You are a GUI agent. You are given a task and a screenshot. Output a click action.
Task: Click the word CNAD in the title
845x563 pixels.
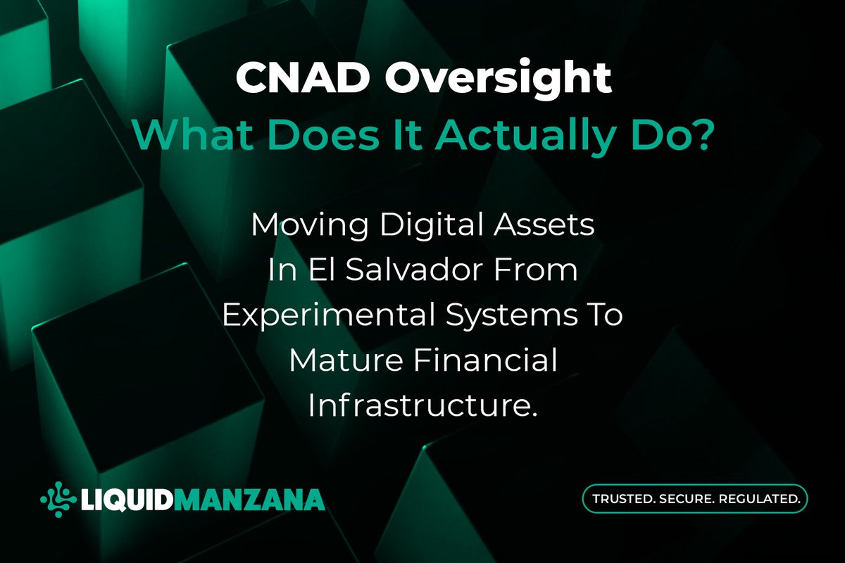[303, 77]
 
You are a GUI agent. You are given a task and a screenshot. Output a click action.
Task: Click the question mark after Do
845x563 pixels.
[701, 135]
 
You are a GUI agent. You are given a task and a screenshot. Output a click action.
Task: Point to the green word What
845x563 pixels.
[192, 134]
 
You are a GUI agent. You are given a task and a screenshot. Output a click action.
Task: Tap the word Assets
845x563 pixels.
[544, 225]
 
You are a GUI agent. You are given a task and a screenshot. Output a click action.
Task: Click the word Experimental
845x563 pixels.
[328, 315]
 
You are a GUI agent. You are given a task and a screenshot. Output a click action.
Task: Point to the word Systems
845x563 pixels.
[511, 317]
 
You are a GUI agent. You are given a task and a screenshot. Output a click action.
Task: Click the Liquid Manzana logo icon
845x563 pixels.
[58, 499]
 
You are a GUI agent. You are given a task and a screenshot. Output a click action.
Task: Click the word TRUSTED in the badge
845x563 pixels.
[624, 499]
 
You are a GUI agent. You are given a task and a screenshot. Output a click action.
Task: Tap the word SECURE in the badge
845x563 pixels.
[687, 499]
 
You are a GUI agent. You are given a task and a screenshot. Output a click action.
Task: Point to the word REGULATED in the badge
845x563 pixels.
[760, 499]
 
